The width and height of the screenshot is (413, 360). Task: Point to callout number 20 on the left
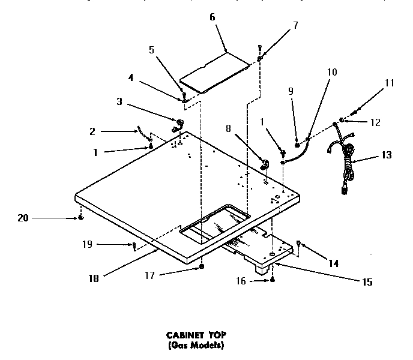23,218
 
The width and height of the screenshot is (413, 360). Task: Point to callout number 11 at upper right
390,83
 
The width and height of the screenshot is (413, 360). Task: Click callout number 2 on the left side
92,131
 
